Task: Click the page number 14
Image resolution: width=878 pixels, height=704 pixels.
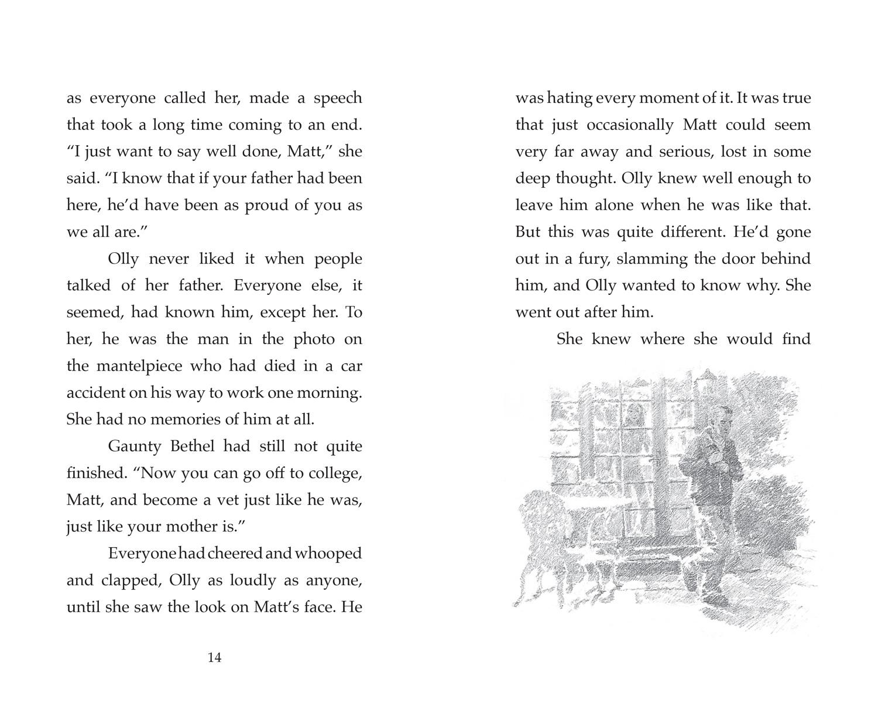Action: pyautogui.click(x=214, y=658)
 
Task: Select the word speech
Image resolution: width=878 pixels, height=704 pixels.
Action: pyautogui.click(x=338, y=98)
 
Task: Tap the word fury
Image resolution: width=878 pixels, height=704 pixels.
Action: pyautogui.click(x=587, y=259)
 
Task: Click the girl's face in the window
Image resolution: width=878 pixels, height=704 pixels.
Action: pyautogui.click(x=633, y=416)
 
